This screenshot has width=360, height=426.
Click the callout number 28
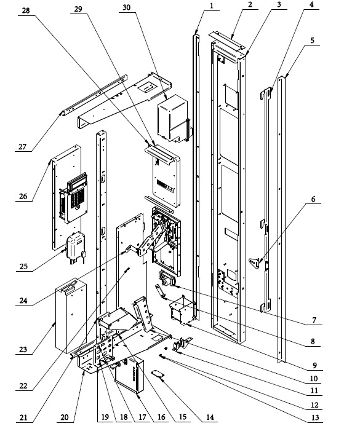(26, 11)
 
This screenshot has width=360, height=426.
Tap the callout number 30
(127, 7)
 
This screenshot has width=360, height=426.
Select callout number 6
(313, 199)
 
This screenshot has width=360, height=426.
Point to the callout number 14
(210, 417)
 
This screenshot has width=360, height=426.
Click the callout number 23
(23, 349)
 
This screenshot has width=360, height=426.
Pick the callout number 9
(314, 365)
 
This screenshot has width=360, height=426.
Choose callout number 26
(23, 196)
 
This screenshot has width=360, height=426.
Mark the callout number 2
(250, 5)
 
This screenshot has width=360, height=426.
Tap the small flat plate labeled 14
(158, 374)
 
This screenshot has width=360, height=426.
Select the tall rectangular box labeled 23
(71, 317)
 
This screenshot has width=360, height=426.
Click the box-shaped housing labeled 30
(174, 118)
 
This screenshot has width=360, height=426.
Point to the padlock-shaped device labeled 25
(76, 247)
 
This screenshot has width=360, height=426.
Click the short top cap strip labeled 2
(226, 41)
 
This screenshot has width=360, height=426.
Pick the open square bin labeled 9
(182, 310)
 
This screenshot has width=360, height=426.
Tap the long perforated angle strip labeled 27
(95, 95)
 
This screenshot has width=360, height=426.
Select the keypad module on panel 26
(73, 198)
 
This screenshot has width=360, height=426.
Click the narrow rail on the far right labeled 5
(281, 219)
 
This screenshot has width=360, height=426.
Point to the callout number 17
(142, 417)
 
